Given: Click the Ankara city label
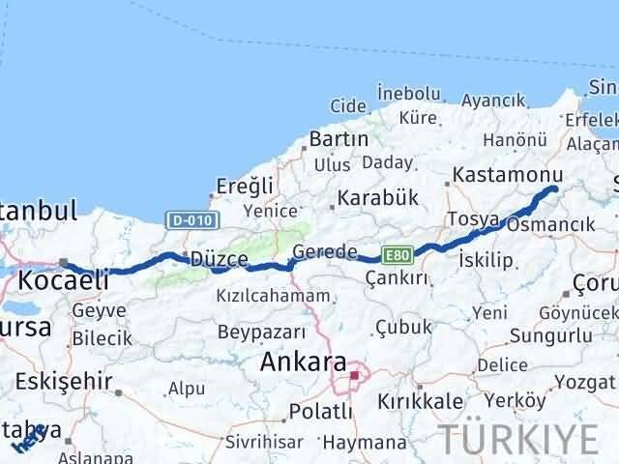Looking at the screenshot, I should click(x=304, y=363).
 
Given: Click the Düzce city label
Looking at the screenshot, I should click(x=219, y=259).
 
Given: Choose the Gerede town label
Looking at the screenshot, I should click(x=324, y=251).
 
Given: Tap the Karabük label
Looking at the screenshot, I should click(x=378, y=196).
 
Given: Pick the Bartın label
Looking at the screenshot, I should click(x=339, y=139).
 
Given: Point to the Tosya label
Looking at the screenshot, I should click(x=473, y=219).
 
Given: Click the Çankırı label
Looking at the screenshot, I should click(x=397, y=277).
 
